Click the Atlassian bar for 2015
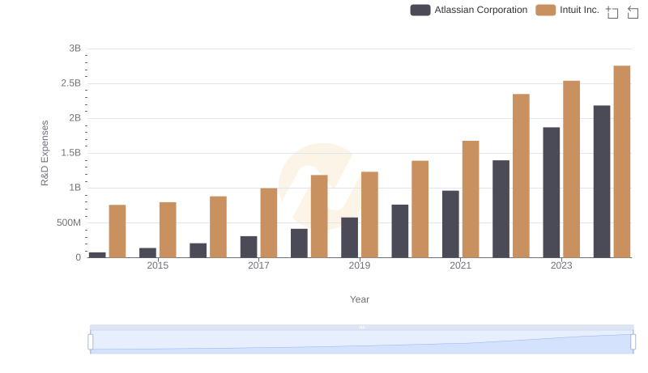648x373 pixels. [x=147, y=252]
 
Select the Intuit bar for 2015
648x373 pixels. [x=168, y=230]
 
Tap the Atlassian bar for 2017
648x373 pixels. [x=249, y=247]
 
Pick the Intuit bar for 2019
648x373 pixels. [x=369, y=214]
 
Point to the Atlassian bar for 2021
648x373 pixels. [x=450, y=224]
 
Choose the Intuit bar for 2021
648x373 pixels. [x=471, y=199]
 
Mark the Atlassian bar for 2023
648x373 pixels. [x=552, y=193]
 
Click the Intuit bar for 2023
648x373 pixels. [x=571, y=169]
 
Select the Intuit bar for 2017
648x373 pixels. [x=269, y=223]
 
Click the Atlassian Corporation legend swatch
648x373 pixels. [x=420, y=10]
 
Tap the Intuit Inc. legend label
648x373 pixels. [x=579, y=10]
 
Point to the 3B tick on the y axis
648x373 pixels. [x=75, y=49]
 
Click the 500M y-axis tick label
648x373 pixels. [x=67, y=223]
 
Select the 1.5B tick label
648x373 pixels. [x=70, y=153]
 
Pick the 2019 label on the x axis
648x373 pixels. [x=360, y=265]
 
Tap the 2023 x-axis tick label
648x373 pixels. [x=561, y=265]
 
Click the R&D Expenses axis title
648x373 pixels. [x=45, y=153]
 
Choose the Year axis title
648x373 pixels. [x=360, y=299]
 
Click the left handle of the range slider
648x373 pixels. [x=91, y=342]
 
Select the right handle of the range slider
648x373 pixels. [x=633, y=342]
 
